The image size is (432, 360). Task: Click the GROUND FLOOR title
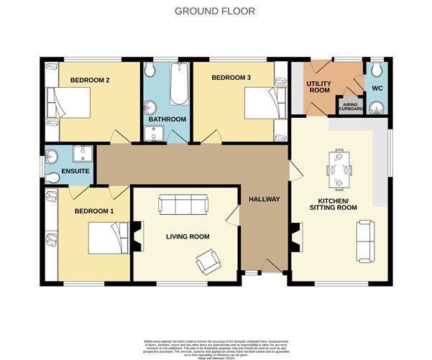[x=216, y=11]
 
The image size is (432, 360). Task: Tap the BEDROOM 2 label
[x=89, y=80]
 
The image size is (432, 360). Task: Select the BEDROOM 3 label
[x=231, y=76]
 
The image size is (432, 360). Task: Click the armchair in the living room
[x=208, y=262]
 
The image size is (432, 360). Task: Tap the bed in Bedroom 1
[x=108, y=238]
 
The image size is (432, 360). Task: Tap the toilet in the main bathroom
[x=150, y=70]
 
